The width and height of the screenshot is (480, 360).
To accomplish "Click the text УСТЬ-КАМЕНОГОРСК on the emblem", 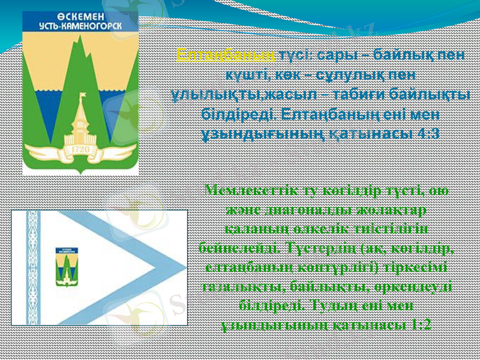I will coord(80,26).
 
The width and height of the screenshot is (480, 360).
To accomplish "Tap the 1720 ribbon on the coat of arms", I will coord(80,149).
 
